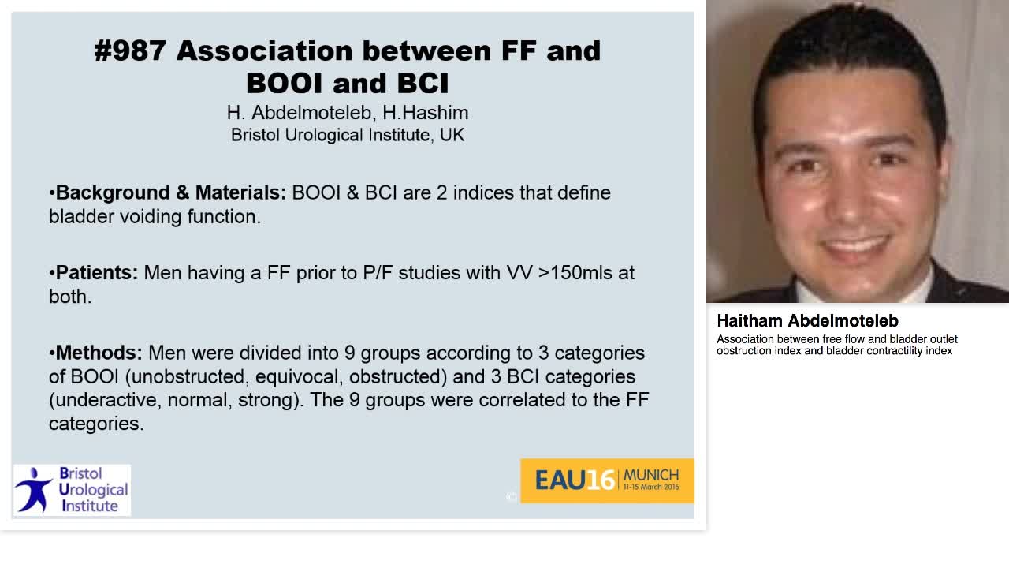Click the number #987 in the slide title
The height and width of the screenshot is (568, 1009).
click(x=130, y=50)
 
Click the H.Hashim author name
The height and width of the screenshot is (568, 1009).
click(x=426, y=113)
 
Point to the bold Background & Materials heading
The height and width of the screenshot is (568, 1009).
click(x=170, y=192)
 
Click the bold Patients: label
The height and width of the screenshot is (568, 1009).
click(x=96, y=272)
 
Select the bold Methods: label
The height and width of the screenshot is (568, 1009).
click(x=99, y=352)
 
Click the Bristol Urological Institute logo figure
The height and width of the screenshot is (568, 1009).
click(x=34, y=490)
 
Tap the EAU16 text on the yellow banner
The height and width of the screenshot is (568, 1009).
click(x=575, y=480)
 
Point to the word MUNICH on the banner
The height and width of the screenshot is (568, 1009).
click(x=650, y=475)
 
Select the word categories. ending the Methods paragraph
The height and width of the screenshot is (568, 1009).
click(x=96, y=423)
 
